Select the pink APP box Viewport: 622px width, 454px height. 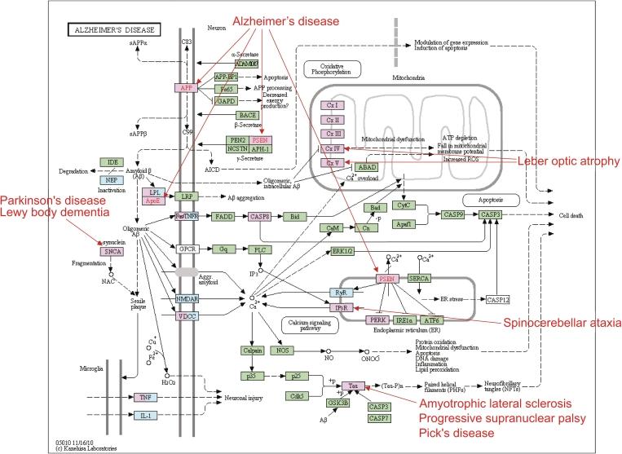click(x=186, y=86)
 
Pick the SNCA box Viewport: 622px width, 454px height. click(x=112, y=252)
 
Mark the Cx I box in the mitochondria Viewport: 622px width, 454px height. click(x=331, y=105)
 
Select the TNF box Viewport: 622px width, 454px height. click(x=145, y=397)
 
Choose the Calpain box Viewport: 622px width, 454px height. click(x=252, y=350)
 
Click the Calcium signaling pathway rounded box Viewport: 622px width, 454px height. click(x=309, y=325)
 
